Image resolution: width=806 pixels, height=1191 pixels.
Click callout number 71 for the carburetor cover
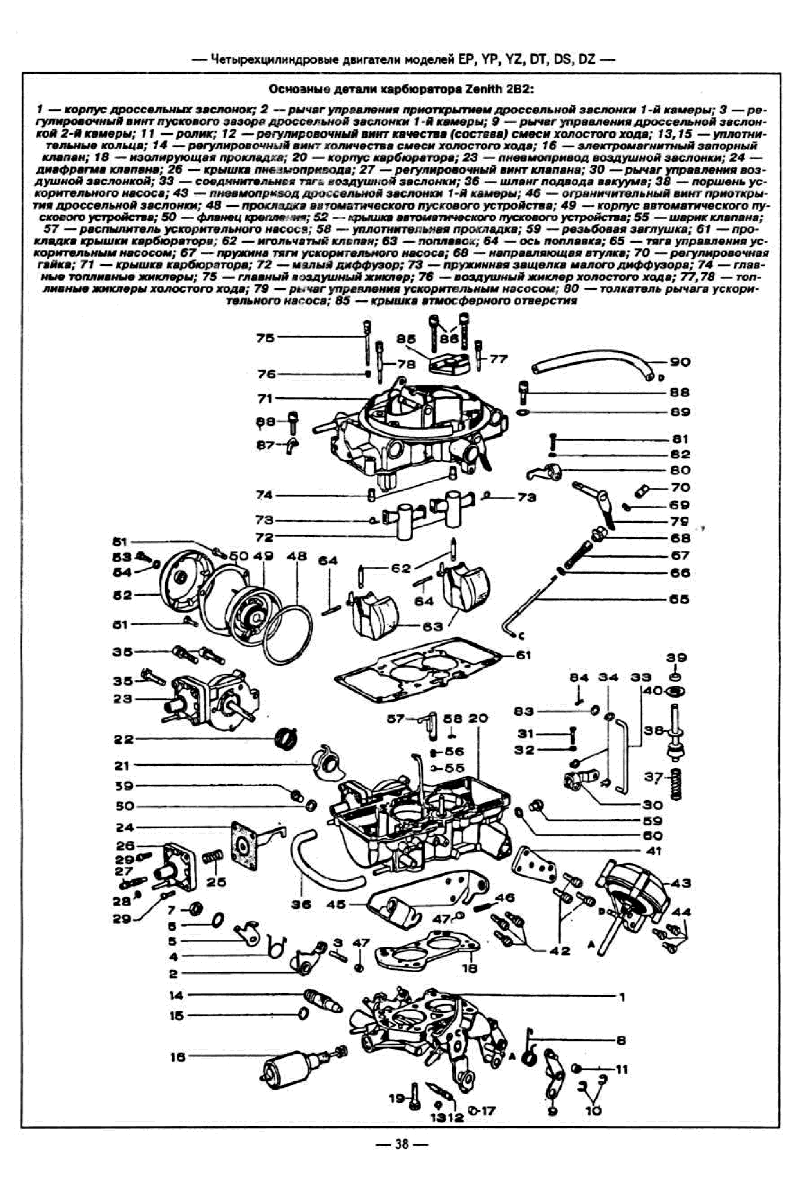click(265, 398)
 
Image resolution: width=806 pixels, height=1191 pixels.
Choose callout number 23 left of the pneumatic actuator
click(123, 698)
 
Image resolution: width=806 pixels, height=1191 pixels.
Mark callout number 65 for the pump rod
click(679, 599)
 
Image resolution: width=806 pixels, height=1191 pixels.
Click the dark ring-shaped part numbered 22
click(286, 738)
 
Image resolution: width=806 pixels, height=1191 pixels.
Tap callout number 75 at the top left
click(265, 338)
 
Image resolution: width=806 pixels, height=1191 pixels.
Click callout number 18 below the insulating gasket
click(470, 967)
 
